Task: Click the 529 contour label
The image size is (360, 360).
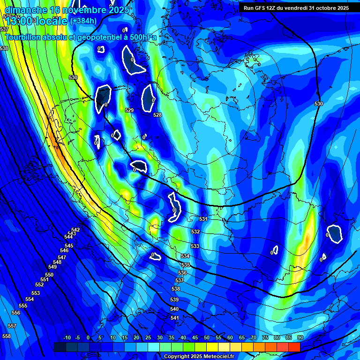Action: coord(130,110)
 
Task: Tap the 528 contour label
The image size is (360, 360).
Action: coord(157,115)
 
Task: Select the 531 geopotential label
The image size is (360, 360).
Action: coord(203,219)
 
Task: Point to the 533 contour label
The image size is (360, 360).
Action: coord(195,246)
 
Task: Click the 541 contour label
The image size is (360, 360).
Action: coord(175,318)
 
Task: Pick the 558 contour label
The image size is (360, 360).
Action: coord(7,336)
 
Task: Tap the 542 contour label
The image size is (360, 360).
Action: coord(75,230)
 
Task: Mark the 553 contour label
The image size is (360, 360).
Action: coord(36,293)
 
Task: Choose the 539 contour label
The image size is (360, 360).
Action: coord(174,300)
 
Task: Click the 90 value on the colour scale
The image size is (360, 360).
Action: coord(300,338)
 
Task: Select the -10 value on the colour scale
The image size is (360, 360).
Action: coord(67,338)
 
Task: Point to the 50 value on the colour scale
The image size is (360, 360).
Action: coord(207,338)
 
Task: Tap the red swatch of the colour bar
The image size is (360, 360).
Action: coord(294,347)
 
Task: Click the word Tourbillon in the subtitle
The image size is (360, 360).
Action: coord(27,37)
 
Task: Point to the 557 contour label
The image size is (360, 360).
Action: coord(12,326)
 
